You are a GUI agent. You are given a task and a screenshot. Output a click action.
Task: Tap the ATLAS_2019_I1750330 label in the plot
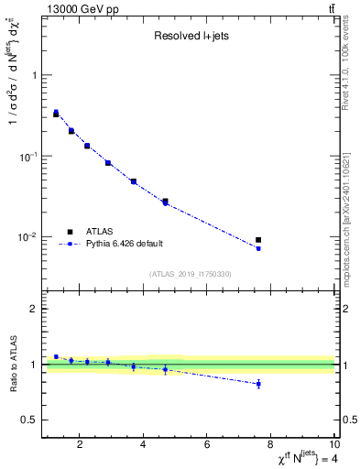pyautogui.click(x=191, y=274)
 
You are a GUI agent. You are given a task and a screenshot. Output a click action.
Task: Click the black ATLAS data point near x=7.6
pyautogui.click(x=258, y=240)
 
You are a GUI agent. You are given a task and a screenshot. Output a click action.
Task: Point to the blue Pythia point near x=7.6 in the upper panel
pyautogui.click(x=258, y=248)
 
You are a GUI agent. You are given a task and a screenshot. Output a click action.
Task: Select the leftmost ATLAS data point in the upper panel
pyautogui.click(x=56, y=114)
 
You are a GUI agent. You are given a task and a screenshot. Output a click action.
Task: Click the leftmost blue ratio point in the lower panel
pyautogui.click(x=56, y=356)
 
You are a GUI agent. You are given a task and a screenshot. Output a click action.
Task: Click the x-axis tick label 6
pyautogui.click(x=207, y=445)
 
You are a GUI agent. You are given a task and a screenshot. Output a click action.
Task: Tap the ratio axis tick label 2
pyautogui.click(x=33, y=310)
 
